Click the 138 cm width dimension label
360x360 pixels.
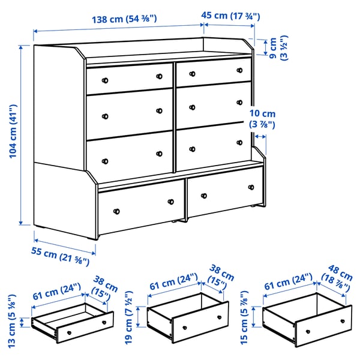coord(124,19)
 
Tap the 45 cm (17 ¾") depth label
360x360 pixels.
coord(230,16)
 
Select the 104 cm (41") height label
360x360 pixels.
coord(13,131)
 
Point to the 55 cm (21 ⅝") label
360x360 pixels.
coord(60,256)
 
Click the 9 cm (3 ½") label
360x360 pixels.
coord(278,48)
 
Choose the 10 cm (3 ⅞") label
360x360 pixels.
coord(262,119)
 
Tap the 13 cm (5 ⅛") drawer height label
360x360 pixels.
coord(11,321)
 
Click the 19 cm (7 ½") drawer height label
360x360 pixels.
coord(128,317)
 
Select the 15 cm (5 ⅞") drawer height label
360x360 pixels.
coord(244,317)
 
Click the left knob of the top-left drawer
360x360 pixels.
coord(105,80)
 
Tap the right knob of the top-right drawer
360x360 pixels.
coord(239,70)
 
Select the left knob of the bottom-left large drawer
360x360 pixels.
coord(116,211)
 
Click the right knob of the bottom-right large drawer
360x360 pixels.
coord(251,187)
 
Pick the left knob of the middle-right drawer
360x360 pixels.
coord(193,107)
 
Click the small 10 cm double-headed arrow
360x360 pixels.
coord(260,137)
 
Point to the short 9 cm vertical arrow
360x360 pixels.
coord(266,47)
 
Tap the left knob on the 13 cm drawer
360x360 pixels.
coord(69,332)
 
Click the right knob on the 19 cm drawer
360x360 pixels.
coord(219,317)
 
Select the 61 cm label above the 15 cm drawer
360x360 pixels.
coord(288,281)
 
